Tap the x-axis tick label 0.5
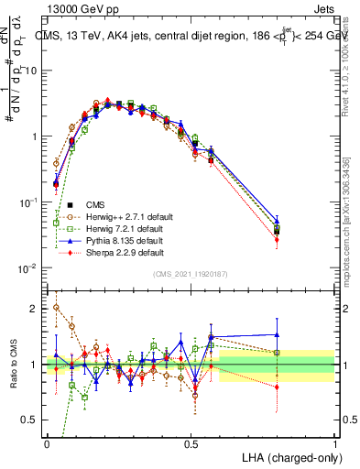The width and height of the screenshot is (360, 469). (x=191, y=442)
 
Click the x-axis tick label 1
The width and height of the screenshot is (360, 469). (x=334, y=442)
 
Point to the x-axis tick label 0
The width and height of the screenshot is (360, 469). (x=48, y=442)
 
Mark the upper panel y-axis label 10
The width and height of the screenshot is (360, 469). (x=31, y=71)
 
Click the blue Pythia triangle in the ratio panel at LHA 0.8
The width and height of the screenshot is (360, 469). (x=277, y=334)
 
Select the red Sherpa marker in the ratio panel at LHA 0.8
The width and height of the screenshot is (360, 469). (x=277, y=387)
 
